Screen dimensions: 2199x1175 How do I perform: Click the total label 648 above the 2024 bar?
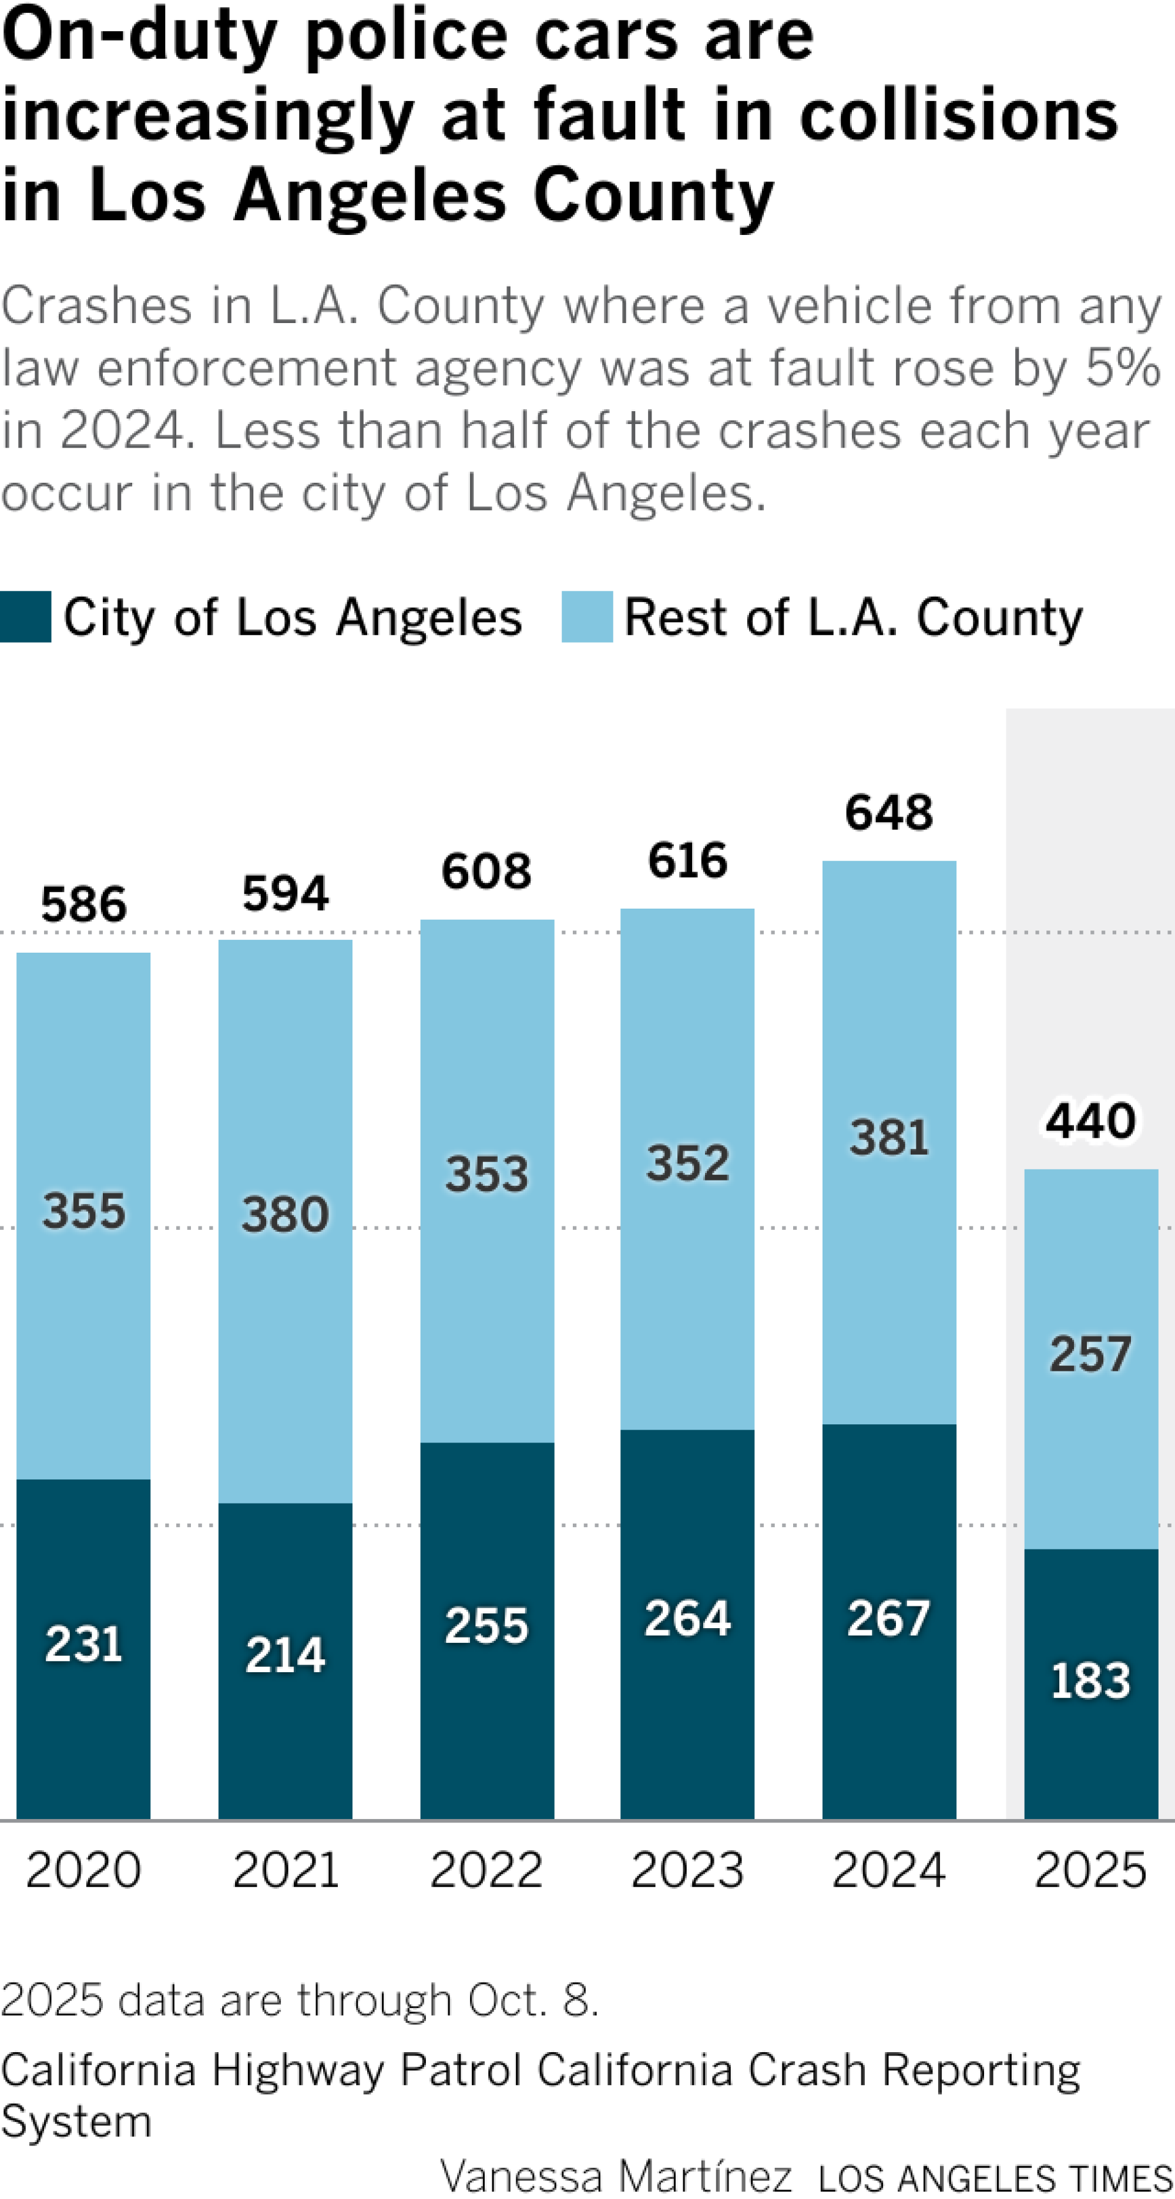point(888,813)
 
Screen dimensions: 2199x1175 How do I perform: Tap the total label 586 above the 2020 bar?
point(83,905)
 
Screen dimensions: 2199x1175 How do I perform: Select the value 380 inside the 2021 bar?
point(285,1215)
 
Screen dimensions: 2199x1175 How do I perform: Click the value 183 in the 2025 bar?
point(1090,1681)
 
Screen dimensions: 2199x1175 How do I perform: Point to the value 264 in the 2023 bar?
point(687,1619)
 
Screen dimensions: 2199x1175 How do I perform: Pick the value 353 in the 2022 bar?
point(486,1175)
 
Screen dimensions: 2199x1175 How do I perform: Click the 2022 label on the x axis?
point(486,1870)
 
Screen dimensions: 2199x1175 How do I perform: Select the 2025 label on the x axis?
point(1090,1870)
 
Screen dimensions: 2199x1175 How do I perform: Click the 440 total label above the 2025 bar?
point(1090,1121)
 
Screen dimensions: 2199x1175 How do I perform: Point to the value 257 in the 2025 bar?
point(1090,1355)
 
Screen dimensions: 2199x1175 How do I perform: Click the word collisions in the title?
point(958,116)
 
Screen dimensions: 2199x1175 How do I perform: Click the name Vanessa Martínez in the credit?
point(616,2176)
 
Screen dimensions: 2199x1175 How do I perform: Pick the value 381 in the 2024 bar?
point(888,1139)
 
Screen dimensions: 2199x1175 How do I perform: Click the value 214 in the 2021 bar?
point(285,1655)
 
